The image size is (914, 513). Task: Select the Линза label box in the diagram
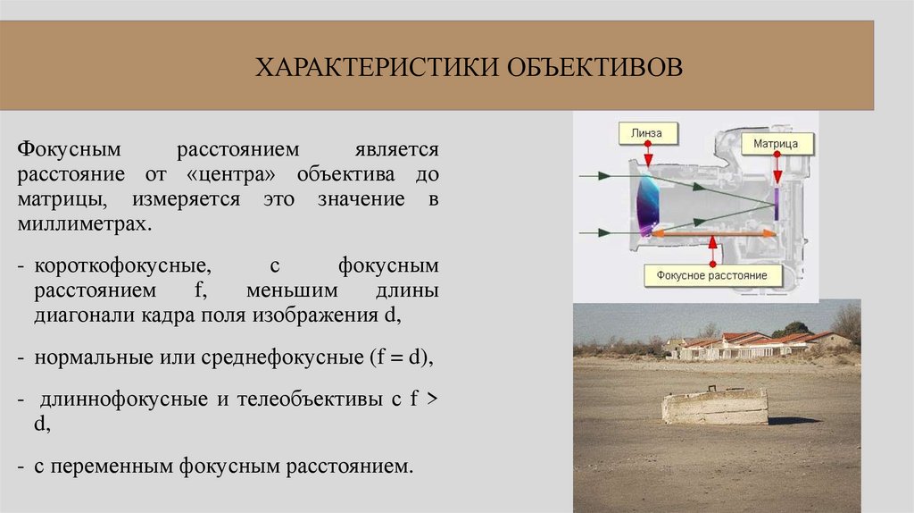[x=647, y=133]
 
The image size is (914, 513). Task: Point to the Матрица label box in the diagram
[x=781, y=142]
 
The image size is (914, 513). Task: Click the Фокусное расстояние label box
[x=711, y=275]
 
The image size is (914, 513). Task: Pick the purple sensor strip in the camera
[x=777, y=203]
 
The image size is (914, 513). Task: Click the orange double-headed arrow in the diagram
[x=711, y=232]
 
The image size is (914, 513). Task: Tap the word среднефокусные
[x=272, y=356]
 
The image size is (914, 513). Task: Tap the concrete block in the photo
[x=714, y=406]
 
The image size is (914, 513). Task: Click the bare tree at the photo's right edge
[x=847, y=324]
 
